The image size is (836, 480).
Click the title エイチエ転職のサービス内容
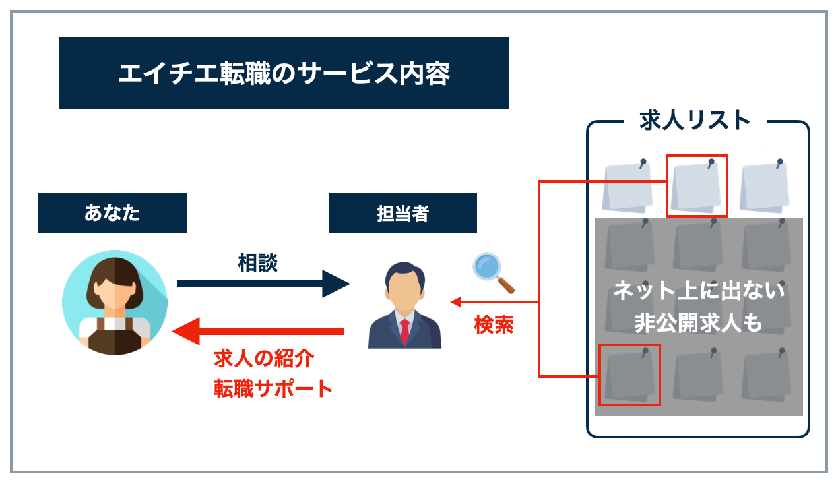tap(284, 73)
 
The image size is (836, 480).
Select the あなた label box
tap(112, 213)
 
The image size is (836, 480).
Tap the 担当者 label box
tap(402, 213)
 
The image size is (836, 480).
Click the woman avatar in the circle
tap(115, 303)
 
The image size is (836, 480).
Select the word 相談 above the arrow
tap(257, 263)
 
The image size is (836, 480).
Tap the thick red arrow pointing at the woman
tap(257, 330)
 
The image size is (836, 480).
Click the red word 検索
tap(494, 325)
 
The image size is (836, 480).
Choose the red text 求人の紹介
tap(263, 359)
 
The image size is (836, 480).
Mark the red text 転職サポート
tap(273, 388)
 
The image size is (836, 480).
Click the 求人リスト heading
tap(695, 121)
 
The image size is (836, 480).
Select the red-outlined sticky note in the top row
tap(697, 186)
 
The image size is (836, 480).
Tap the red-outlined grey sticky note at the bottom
tap(629, 375)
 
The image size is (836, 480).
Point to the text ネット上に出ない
tap(699, 291)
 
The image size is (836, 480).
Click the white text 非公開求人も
tap(699, 323)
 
